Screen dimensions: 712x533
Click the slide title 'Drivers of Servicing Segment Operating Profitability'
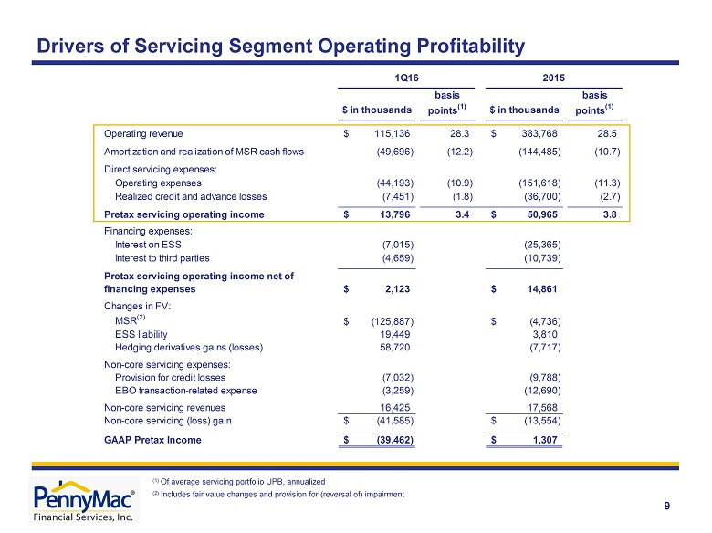pos(280,46)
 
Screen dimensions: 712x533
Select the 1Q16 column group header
pos(406,78)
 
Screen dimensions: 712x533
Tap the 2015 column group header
pos(553,78)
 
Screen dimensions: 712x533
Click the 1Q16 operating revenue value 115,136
pos(392,133)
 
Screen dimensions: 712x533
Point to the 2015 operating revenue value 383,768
pos(539,133)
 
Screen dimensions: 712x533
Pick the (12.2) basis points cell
pos(459,152)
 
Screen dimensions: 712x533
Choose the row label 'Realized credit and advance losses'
pos(191,196)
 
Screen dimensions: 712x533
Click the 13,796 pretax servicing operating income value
pos(394,214)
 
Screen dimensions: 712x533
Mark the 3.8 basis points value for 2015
pos(610,214)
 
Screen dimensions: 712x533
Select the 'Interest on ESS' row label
pos(148,245)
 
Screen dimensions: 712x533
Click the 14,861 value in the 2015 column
pos(541,289)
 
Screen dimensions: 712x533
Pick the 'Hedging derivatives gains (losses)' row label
pos(189,348)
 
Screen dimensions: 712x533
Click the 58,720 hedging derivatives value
pos(394,348)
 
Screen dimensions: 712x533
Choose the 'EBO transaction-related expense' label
pos(185,391)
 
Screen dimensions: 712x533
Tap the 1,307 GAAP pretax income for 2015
pos(544,440)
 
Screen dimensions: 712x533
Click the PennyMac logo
pos(84,500)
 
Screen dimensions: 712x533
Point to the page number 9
pos(666,506)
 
